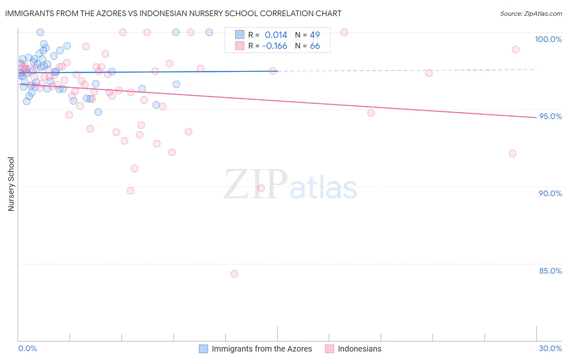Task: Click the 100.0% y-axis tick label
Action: coord(548,39)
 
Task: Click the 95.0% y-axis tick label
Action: coord(550,116)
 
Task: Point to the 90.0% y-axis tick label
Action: coord(550,193)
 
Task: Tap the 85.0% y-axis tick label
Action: coord(550,271)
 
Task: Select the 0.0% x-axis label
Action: coord(27,348)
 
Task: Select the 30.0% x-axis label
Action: coord(550,348)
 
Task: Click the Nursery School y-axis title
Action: coord(11,184)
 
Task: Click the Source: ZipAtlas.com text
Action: coord(531,14)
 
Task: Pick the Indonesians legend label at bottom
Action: coord(359,349)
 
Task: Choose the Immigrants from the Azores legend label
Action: coord(262,349)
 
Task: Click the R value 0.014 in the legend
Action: coord(276,35)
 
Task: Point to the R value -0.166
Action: coord(275,46)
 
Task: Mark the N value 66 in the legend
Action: coord(315,46)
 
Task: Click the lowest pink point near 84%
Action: coord(234,274)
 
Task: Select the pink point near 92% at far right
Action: coord(513,153)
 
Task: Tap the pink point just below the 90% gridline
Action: coord(261,188)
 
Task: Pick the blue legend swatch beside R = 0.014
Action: coord(240,35)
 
